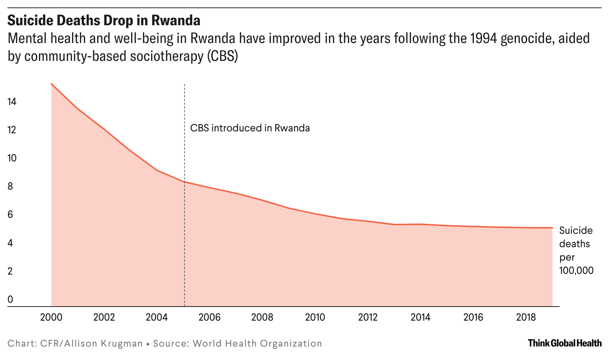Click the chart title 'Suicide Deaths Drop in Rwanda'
point(104,20)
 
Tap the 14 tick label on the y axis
point(12,102)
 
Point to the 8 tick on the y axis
point(10,186)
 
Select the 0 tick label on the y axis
point(10,299)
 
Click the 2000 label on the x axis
point(51,317)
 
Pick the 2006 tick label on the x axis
point(209,317)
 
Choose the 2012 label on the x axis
point(368,317)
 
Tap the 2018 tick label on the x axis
point(526,317)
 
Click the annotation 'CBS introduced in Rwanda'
point(250,128)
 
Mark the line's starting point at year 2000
point(51,84)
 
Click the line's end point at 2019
point(553,228)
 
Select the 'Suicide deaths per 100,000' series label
point(576,251)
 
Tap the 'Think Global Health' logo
point(564,343)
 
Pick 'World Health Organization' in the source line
point(257,343)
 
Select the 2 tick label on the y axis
point(10,271)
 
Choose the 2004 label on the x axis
point(157,317)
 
